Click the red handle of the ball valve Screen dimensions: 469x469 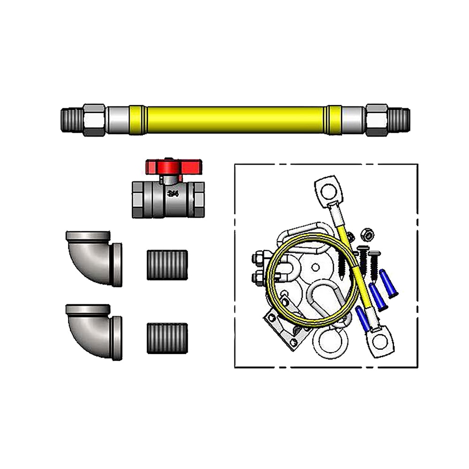point(173,166)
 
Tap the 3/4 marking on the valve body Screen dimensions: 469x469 point(173,193)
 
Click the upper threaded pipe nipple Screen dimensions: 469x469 point(167,265)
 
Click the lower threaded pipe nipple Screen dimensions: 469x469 point(167,338)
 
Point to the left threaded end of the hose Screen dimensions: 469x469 point(71,120)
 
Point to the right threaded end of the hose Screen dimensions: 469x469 point(400,120)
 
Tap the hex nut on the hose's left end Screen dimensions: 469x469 point(94,120)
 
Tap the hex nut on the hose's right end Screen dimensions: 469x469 point(377,120)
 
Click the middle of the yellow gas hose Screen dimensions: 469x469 point(234,120)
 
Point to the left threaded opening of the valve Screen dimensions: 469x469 point(137,200)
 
